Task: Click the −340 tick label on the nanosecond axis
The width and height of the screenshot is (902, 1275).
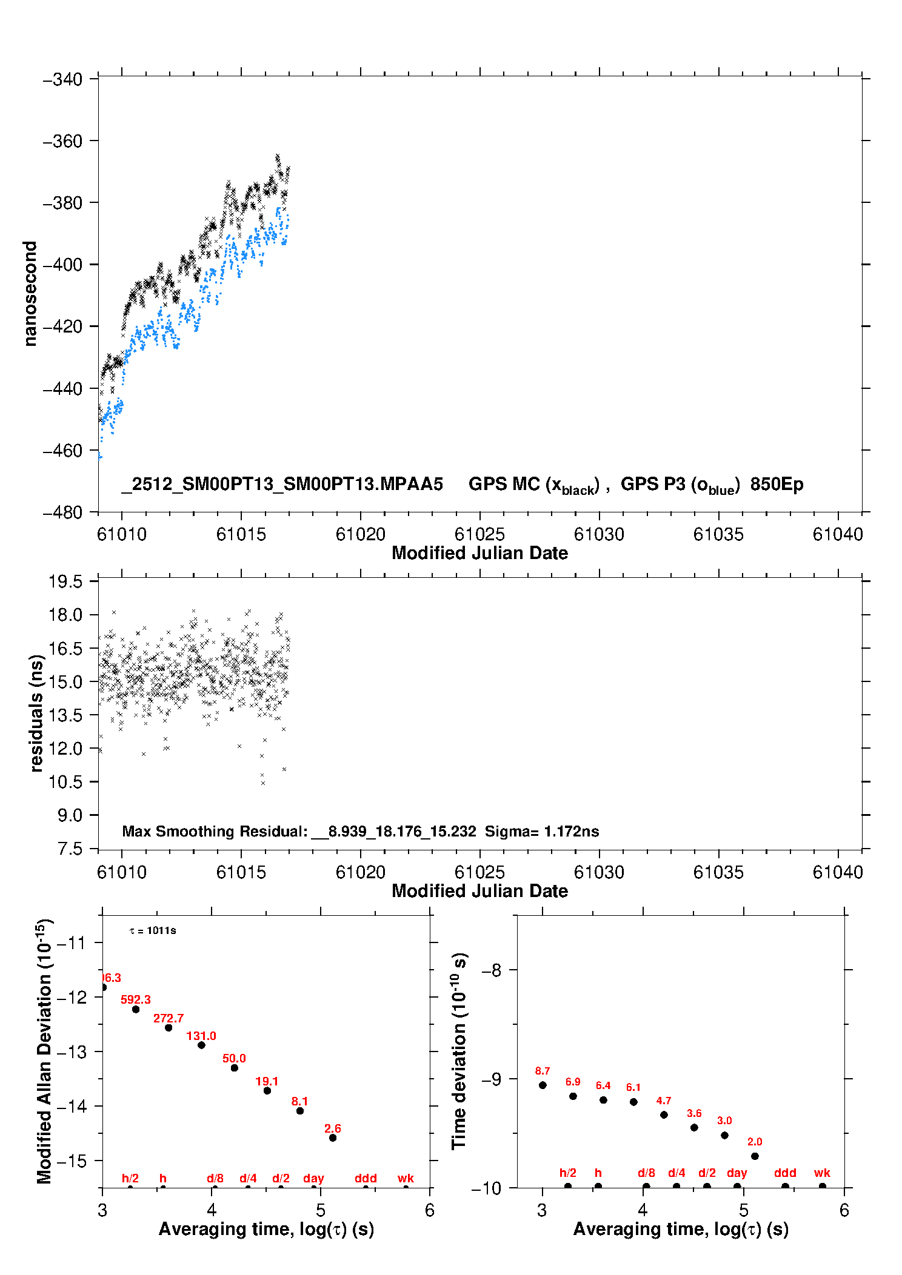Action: click(62, 79)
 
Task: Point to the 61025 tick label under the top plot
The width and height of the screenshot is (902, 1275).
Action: click(479, 534)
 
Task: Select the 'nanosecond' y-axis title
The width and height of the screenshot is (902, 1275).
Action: click(30, 294)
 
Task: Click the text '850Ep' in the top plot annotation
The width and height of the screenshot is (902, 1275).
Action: click(777, 485)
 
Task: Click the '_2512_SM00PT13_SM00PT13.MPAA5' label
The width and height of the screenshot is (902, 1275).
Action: click(282, 485)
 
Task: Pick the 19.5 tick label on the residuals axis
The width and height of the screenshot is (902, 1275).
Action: click(65, 582)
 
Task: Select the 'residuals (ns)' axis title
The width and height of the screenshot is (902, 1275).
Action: click(36, 714)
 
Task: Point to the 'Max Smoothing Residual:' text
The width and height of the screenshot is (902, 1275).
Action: click(215, 832)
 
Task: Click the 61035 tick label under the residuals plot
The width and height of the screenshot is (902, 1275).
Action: click(718, 872)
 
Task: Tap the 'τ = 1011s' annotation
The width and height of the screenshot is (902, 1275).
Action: click(153, 930)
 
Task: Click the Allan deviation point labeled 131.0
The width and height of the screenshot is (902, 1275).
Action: click(201, 1045)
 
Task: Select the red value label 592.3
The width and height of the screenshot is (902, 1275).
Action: click(136, 999)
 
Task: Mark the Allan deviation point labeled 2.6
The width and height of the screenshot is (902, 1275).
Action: click(333, 1138)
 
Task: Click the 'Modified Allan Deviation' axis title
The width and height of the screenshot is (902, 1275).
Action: click(45, 1051)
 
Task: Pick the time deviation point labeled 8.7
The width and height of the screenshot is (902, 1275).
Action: click(543, 1085)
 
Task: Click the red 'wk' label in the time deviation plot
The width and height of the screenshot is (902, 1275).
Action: click(822, 1173)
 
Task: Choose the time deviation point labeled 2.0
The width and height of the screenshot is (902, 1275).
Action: click(755, 1156)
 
